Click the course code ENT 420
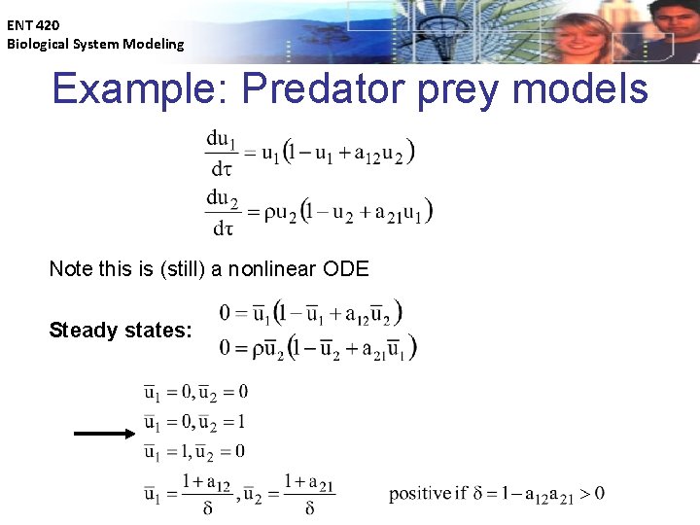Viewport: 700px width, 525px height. [33, 25]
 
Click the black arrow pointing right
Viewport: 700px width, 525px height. [106, 435]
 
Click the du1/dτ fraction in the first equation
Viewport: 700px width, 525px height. [223, 153]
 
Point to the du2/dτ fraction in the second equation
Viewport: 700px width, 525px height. [223, 213]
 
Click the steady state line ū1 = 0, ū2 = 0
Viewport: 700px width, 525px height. [196, 392]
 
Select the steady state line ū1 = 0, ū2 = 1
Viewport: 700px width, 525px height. [196, 422]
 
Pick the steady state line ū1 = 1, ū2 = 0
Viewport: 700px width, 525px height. [196, 451]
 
